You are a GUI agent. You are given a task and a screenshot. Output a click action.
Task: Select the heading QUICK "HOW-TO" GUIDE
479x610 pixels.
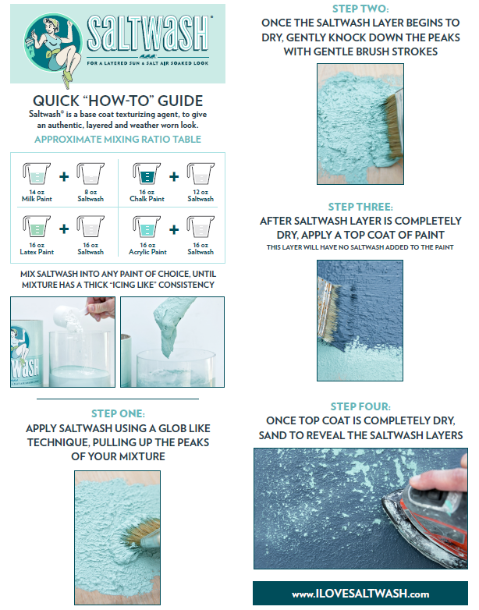pyautogui.click(x=118, y=101)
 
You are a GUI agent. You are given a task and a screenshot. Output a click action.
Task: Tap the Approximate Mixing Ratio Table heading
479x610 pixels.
pyautogui.click(x=118, y=139)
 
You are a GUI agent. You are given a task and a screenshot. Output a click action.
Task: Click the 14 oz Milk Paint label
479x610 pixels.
pyautogui.click(x=36, y=196)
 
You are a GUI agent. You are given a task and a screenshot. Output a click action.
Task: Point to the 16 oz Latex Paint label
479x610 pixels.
pyautogui.click(x=36, y=248)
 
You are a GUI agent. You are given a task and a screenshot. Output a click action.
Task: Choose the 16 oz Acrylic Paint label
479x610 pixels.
pyautogui.click(x=147, y=248)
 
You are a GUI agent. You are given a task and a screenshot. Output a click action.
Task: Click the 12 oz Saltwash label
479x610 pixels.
pyautogui.click(x=200, y=196)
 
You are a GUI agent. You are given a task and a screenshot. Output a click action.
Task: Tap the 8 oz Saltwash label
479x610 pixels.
pyautogui.click(x=90, y=196)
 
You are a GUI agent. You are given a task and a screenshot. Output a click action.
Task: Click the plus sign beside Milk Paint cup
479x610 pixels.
pyautogui.click(x=64, y=176)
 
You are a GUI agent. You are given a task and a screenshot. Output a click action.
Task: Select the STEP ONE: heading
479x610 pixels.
pyautogui.click(x=118, y=414)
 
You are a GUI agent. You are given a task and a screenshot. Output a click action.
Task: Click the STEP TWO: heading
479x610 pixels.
pyautogui.click(x=360, y=9)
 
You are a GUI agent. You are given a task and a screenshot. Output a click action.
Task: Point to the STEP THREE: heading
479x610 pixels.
pyautogui.click(x=360, y=207)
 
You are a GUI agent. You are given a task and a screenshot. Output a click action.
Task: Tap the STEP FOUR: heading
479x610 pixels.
pyautogui.click(x=360, y=406)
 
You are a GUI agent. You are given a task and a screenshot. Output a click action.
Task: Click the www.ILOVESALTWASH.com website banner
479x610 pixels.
pyautogui.click(x=360, y=594)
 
